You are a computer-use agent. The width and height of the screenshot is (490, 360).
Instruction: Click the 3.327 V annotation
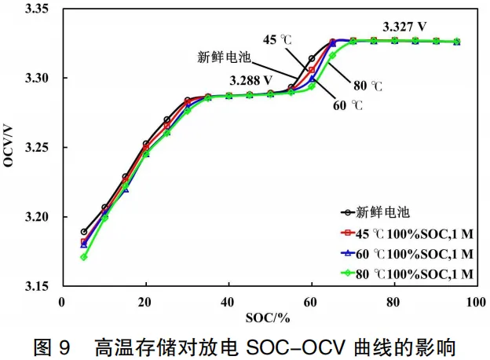click(404, 27)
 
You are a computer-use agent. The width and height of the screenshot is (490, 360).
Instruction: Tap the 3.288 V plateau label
click(251, 81)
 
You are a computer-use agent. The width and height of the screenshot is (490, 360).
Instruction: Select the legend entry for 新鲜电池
click(375, 212)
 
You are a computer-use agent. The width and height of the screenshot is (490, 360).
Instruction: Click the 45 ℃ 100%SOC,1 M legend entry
click(407, 233)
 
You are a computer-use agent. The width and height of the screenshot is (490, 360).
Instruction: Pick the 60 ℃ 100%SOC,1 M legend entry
click(407, 254)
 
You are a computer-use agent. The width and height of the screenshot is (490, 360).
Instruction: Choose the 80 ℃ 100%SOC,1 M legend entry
click(407, 274)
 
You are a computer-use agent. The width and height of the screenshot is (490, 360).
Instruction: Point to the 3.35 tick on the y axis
click(37, 9)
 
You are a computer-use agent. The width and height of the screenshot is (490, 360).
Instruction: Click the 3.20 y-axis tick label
click(37, 216)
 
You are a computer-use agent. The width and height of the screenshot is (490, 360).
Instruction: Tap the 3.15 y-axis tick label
click(37, 286)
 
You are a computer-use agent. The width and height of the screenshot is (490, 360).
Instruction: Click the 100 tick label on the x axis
click(476, 302)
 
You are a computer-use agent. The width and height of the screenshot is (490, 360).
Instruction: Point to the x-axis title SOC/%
click(268, 318)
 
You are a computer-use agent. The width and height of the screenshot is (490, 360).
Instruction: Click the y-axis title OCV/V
click(9, 146)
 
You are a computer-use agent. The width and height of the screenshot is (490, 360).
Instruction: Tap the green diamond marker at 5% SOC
click(84, 257)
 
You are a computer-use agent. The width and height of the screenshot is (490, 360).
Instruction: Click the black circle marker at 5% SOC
click(84, 232)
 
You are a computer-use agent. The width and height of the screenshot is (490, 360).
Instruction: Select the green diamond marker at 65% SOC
click(332, 55)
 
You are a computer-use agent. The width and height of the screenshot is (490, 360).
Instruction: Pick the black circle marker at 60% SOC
click(312, 58)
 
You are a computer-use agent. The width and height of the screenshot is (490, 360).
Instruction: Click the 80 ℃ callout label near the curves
click(367, 86)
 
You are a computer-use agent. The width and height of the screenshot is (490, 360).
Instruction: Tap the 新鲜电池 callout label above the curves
click(224, 57)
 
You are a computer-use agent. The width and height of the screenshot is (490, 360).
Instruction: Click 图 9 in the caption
click(52, 347)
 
